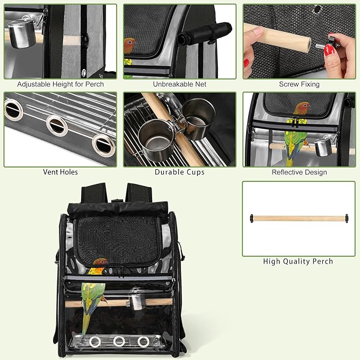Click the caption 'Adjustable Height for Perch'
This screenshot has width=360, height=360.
(x=60, y=84)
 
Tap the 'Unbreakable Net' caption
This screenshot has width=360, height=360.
(x=180, y=84)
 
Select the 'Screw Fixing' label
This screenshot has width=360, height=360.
(x=299, y=84)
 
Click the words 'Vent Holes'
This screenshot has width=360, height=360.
(x=60, y=172)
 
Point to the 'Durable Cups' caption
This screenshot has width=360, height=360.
(x=180, y=172)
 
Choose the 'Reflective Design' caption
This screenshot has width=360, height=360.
(x=299, y=172)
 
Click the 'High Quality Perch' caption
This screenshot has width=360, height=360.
(x=298, y=261)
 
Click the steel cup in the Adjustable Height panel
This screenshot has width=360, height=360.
(x=22, y=34)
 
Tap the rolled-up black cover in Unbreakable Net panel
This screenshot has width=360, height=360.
(x=204, y=33)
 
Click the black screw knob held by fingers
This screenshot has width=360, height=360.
(x=332, y=40)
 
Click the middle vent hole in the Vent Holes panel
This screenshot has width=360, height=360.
(x=57, y=126)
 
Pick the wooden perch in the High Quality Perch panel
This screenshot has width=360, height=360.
(x=299, y=218)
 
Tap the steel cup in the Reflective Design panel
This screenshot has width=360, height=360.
(x=323, y=147)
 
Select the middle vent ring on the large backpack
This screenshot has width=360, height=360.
(x=119, y=341)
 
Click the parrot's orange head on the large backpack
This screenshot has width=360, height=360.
(x=100, y=261)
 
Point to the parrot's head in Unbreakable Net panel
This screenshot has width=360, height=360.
(x=129, y=45)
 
